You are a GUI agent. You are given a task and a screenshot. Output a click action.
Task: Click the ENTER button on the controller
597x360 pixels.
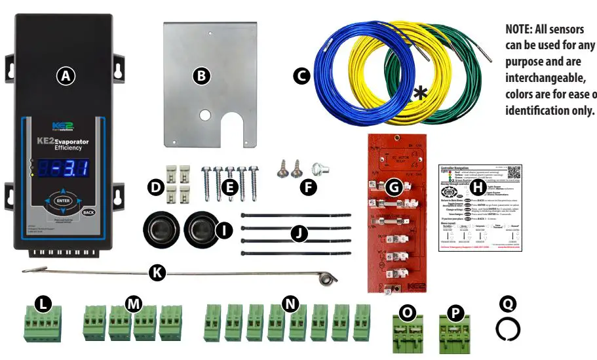[x=63, y=201]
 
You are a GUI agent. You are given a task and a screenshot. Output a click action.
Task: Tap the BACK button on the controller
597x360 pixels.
[x=89, y=212]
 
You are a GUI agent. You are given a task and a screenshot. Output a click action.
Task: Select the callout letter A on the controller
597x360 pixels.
[x=64, y=76]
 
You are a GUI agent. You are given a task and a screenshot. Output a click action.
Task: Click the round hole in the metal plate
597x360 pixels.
[x=205, y=115]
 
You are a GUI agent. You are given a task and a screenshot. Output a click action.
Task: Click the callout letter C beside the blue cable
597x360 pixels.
[x=301, y=76]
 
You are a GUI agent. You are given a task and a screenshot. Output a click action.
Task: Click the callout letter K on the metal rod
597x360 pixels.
[x=157, y=273]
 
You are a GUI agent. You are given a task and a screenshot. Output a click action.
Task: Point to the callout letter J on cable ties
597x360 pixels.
[x=299, y=233]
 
